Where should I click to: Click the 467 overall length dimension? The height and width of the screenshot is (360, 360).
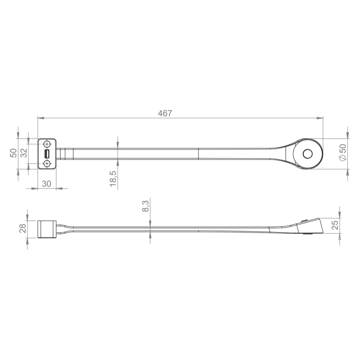pyautogui.click(x=165, y=113)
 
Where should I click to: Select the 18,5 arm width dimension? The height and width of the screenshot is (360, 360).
pyautogui.click(x=113, y=179)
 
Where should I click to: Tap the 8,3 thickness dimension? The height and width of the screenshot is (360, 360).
pyautogui.click(x=145, y=206)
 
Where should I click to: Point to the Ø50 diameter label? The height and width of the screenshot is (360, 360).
pyautogui.click(x=342, y=152)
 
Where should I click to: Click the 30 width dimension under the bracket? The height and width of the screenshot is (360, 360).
pyautogui.click(x=47, y=184)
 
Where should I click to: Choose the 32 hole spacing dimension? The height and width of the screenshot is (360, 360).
pyautogui.click(x=24, y=153)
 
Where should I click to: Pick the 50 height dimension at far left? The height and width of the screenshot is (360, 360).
pyautogui.click(x=13, y=153)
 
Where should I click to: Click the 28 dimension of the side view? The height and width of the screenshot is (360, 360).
pyautogui.click(x=23, y=228)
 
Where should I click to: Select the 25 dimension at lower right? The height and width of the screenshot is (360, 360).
pyautogui.click(x=335, y=225)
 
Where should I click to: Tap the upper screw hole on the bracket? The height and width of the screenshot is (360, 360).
pyautogui.click(x=47, y=144)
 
